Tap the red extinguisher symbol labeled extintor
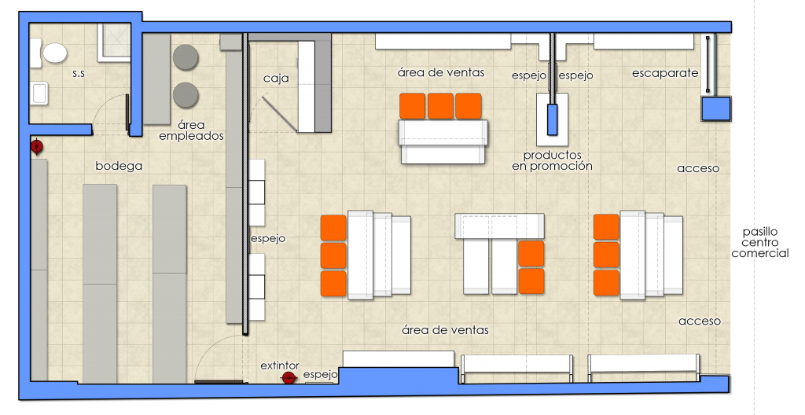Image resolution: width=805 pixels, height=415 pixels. (x=289, y=378)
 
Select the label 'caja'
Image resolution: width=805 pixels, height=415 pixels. (x=276, y=79)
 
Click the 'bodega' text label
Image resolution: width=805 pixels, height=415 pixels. (x=119, y=166)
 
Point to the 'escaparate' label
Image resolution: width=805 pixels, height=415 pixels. (x=665, y=73)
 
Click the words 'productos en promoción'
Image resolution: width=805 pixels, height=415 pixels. (x=553, y=160)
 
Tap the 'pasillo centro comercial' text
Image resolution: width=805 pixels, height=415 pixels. (x=760, y=242)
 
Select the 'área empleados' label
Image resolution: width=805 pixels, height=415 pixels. (x=192, y=130)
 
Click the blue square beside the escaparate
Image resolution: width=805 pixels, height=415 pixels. (x=716, y=109)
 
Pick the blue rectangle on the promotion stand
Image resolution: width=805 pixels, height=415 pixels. (x=553, y=119)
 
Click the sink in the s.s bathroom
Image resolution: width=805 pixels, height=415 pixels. (x=39, y=93)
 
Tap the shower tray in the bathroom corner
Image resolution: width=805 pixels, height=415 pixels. (x=113, y=42)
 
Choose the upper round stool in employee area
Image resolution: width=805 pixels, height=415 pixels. (x=186, y=57)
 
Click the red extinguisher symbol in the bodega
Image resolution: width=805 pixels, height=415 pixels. (x=36, y=147)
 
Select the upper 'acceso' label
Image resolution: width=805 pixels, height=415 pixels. (x=698, y=168)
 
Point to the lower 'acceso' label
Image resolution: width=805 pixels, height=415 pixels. (x=699, y=321)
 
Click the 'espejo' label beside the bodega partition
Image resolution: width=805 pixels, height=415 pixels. (x=268, y=239)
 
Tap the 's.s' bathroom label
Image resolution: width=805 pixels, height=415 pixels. (x=79, y=73)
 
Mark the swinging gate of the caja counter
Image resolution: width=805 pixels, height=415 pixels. (x=280, y=113)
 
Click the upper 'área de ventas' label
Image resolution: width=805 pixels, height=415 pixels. (x=441, y=72)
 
